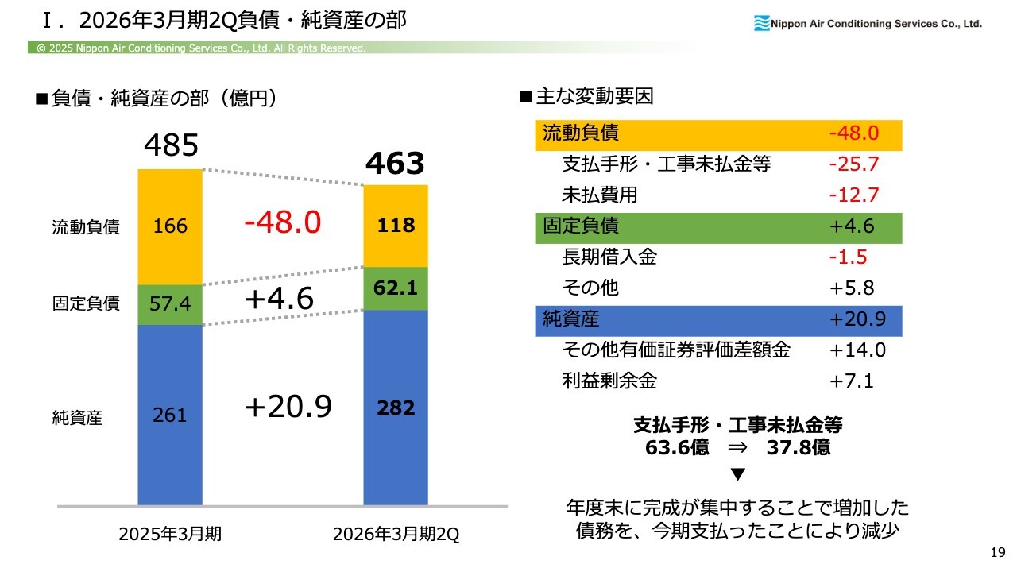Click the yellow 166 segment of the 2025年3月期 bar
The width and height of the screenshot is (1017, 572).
[x=170, y=226]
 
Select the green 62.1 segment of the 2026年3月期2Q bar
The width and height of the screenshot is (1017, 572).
[x=396, y=289]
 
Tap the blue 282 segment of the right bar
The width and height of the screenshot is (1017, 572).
[x=396, y=408]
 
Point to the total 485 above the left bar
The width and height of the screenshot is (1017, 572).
[x=171, y=145]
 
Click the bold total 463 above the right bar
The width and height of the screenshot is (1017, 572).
[x=395, y=164]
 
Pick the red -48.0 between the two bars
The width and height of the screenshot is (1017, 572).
[x=282, y=223]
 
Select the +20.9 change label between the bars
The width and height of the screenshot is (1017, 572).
[x=288, y=407]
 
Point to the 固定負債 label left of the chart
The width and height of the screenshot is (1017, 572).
[x=86, y=303]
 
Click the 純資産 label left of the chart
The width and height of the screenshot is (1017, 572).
[x=77, y=417]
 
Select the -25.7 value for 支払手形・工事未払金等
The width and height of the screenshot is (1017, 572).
[x=853, y=164]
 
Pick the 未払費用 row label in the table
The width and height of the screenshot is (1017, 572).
[x=599, y=195]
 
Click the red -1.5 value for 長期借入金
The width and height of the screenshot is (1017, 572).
[x=847, y=257]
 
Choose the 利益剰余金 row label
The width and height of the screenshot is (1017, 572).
[x=609, y=381]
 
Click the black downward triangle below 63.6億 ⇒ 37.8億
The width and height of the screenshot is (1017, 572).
[x=737, y=474]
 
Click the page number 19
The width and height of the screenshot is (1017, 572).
[x=998, y=552]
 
